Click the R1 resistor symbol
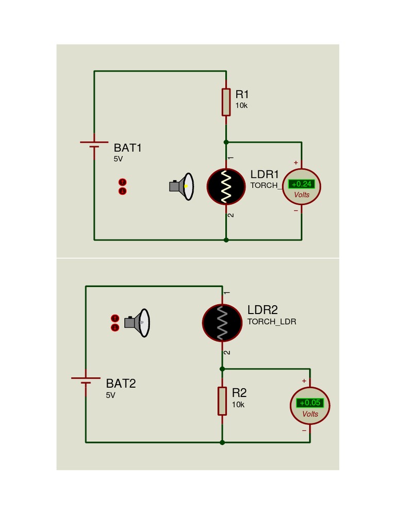click(x=226, y=102)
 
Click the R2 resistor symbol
click(x=222, y=401)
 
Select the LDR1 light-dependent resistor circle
click(x=226, y=187)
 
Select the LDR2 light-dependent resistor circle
click(x=222, y=323)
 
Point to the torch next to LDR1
click(x=182, y=186)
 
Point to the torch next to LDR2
click(x=138, y=323)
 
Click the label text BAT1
click(x=127, y=148)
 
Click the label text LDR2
click(x=262, y=310)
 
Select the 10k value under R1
click(x=241, y=106)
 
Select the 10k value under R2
click(x=238, y=405)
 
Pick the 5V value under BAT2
click(x=110, y=395)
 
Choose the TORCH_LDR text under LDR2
click(x=272, y=322)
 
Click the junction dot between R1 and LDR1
click(x=226, y=142)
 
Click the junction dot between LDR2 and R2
click(x=222, y=369)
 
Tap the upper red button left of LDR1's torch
click(x=122, y=182)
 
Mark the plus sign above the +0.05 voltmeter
click(x=304, y=381)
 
